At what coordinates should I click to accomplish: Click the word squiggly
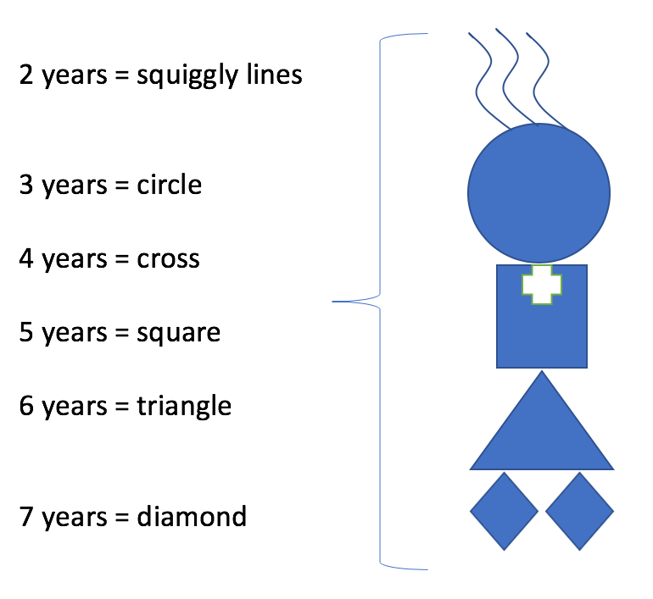click(187, 76)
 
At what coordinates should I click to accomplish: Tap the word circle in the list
click(170, 185)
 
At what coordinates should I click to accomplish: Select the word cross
click(168, 259)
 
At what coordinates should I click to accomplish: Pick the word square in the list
click(179, 334)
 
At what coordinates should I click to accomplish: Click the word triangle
click(184, 407)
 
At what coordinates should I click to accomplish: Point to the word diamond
click(192, 516)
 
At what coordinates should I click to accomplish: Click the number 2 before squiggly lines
click(26, 75)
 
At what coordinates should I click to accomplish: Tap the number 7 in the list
click(26, 517)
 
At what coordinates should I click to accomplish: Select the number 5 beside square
click(26, 332)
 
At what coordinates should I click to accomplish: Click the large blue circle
click(539, 193)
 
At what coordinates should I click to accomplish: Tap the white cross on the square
click(542, 285)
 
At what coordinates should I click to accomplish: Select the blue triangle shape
click(542, 433)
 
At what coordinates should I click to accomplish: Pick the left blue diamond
click(505, 511)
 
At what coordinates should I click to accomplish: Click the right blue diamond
click(580, 511)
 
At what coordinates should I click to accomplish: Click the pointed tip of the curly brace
click(332, 301)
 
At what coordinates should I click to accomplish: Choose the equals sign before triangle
click(121, 407)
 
